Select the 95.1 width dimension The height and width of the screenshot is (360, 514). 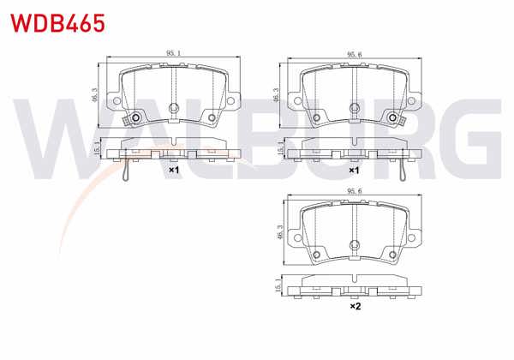(173, 53)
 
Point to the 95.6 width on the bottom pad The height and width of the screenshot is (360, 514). (351, 192)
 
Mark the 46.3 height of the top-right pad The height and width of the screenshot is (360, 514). (275, 93)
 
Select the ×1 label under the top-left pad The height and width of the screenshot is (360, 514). (173, 170)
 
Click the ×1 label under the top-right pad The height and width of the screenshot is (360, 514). (352, 170)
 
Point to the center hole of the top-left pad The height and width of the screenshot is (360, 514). (173, 108)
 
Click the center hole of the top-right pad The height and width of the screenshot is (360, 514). (352, 108)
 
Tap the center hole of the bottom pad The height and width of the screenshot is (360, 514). (352, 247)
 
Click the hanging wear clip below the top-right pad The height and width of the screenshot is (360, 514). (402, 169)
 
